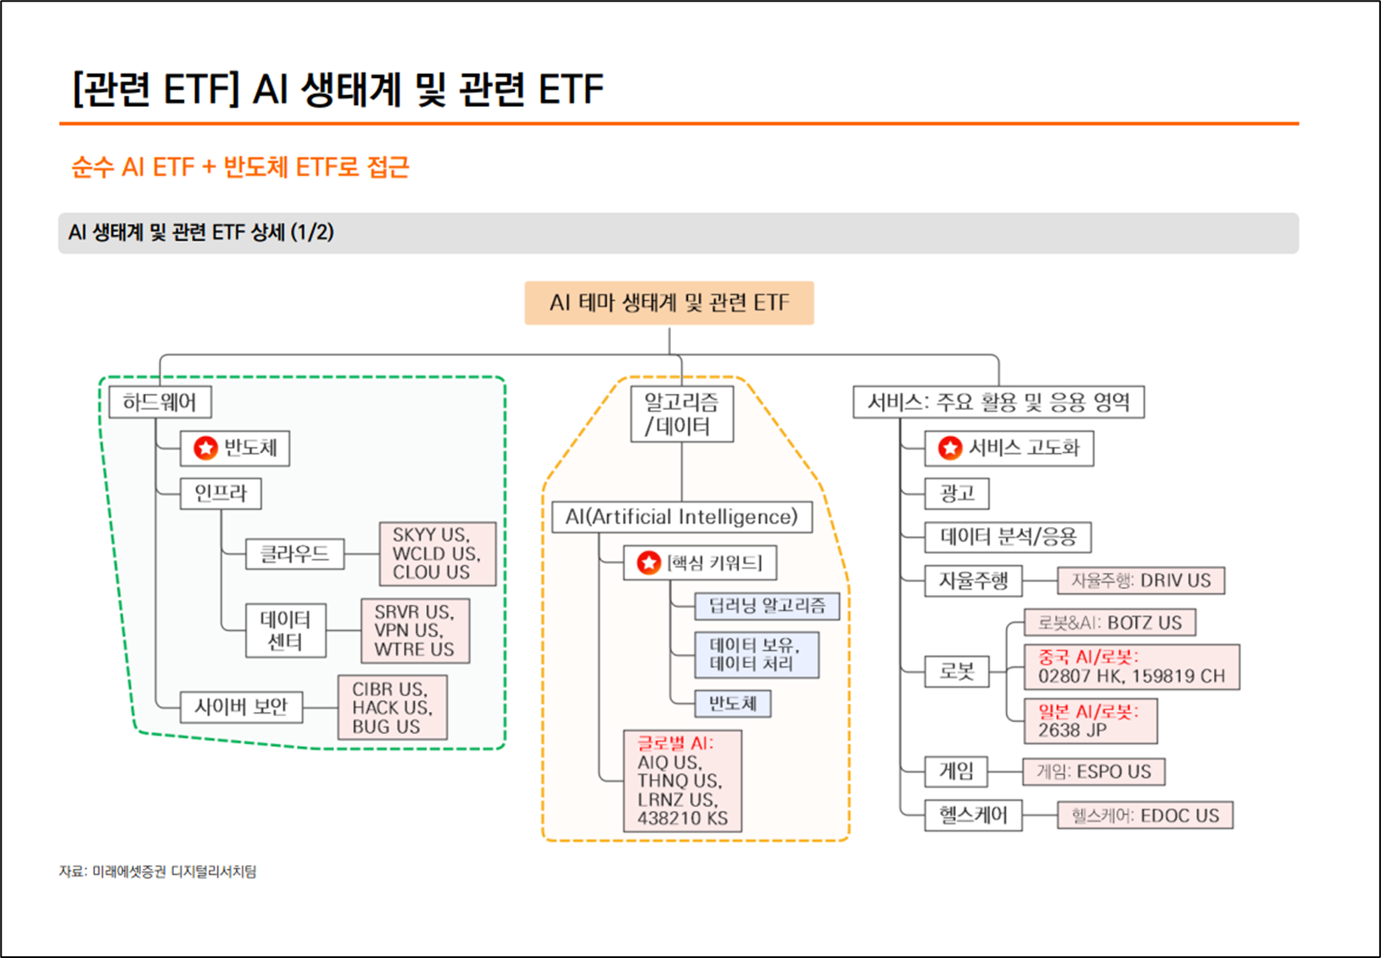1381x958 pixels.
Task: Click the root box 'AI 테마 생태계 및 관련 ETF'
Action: [668, 303]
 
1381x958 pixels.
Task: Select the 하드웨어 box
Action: [159, 402]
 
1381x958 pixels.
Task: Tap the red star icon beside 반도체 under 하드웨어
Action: [205, 448]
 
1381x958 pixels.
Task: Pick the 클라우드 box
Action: [294, 554]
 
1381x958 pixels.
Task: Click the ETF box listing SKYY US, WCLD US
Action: [437, 553]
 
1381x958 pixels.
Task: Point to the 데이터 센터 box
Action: [285, 630]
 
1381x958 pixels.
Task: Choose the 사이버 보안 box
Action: [242, 706]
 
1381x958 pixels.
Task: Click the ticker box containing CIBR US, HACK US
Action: [392, 708]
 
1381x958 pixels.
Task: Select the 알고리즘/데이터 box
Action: [681, 413]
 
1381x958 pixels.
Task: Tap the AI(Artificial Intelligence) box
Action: [681, 517]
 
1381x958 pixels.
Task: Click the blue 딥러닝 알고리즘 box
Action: [767, 606]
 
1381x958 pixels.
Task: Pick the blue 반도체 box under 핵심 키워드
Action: [732, 703]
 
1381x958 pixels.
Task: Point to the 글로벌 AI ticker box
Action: [682, 781]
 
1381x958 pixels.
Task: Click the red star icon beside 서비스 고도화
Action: [949, 448]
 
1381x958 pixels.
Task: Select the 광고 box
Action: [957, 493]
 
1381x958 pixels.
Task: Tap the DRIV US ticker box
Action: [1140, 580]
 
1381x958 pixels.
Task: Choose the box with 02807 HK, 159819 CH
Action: [1132, 667]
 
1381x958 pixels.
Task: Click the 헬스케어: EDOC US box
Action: [1144, 815]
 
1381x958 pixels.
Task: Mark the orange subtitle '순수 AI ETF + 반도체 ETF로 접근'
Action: [240, 167]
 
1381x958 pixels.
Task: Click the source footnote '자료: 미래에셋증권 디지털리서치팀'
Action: [158, 871]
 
